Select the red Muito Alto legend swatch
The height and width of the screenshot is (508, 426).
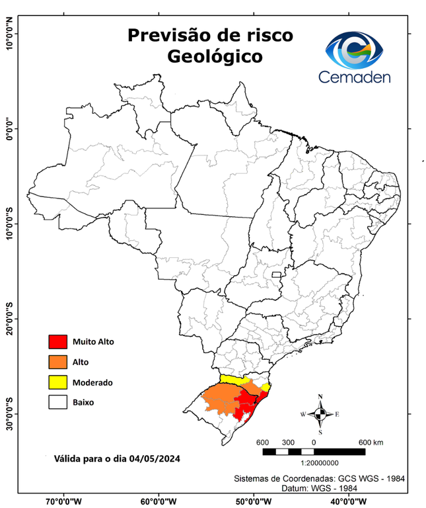[x=57, y=342]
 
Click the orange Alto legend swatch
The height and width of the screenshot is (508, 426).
[x=57, y=362]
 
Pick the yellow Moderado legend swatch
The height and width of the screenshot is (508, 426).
[x=57, y=382]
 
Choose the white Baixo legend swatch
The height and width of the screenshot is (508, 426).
[x=57, y=402]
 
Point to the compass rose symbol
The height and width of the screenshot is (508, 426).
[x=320, y=414]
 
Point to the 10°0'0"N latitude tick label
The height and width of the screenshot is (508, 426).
[x=10, y=34]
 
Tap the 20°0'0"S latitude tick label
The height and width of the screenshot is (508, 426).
[x=10, y=319]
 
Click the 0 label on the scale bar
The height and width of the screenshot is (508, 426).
[x=314, y=442]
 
